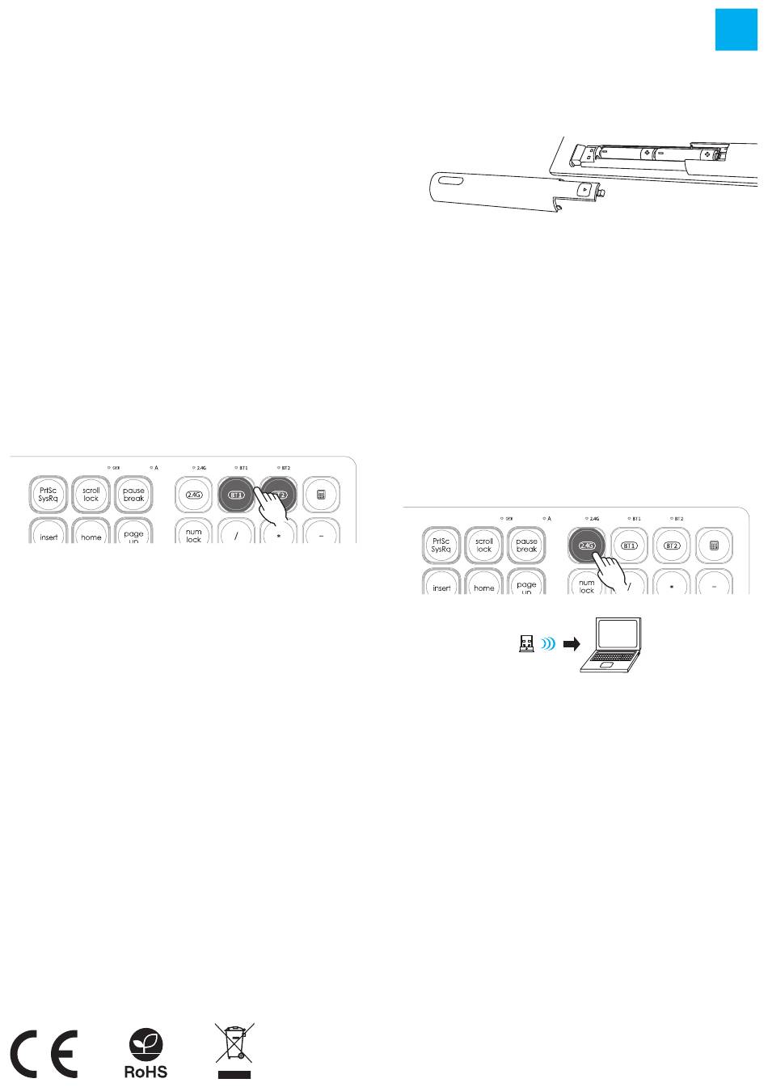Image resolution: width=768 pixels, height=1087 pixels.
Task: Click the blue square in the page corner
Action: point(736,30)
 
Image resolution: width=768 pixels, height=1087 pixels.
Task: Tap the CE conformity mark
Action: point(44,1055)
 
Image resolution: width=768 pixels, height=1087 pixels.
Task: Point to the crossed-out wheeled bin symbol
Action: point(234,1050)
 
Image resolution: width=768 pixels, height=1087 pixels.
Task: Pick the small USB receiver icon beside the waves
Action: point(525,644)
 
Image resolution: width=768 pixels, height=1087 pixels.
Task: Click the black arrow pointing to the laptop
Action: point(572,644)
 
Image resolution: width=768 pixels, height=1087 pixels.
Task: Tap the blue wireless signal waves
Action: point(549,644)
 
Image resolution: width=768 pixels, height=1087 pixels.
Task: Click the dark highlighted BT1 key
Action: point(236,495)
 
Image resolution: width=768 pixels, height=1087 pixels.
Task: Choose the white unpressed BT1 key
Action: point(630,546)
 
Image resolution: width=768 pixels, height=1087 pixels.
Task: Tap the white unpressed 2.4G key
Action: point(194,495)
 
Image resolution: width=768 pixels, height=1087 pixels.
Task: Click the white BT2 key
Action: point(672,546)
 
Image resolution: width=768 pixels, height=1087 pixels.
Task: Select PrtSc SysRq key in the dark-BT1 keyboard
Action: point(49,495)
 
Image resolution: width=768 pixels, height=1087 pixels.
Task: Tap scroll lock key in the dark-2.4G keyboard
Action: point(484,546)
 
